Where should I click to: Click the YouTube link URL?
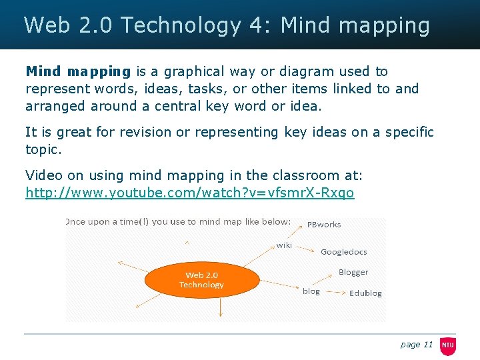coord(189,193)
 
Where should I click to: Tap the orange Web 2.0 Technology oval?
coord(201,280)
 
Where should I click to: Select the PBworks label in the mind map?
coord(323,225)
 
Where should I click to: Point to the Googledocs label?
coord(343,252)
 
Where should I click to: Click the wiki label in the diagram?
coord(284,245)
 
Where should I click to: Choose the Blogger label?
coord(353,272)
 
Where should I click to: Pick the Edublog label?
coord(365,293)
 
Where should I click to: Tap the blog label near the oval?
coord(311,291)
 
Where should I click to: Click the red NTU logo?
coord(447,345)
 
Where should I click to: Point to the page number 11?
coord(427,345)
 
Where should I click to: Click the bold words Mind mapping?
coord(78,71)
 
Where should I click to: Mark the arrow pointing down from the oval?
coord(221,307)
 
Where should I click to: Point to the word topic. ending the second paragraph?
coord(43,149)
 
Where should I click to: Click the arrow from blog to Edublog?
coord(335,292)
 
